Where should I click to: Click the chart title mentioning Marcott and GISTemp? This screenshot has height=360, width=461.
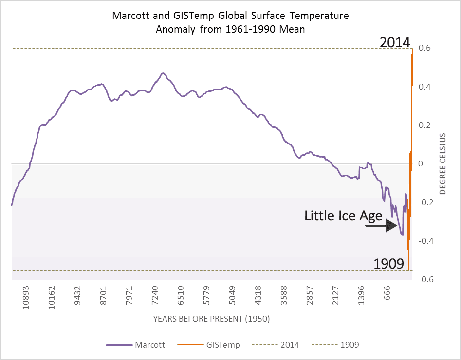click(x=230, y=22)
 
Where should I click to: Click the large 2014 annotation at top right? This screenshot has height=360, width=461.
click(x=396, y=42)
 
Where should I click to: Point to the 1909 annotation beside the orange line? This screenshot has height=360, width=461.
click(x=389, y=264)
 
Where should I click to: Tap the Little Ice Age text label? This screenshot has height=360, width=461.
click(x=343, y=216)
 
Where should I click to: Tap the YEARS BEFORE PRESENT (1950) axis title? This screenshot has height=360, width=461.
click(x=211, y=319)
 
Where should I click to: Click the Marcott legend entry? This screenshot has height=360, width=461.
click(x=136, y=345)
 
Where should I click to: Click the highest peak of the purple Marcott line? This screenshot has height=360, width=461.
click(x=163, y=73)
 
